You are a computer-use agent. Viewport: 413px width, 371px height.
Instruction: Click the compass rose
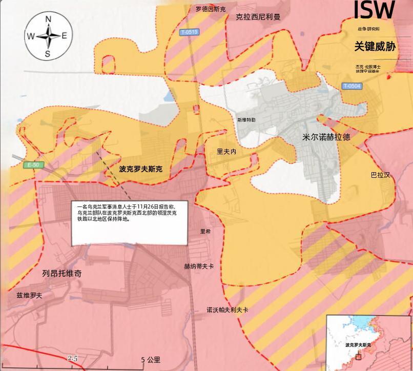pos(48,36)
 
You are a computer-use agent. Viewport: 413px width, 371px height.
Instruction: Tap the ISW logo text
pos(375,10)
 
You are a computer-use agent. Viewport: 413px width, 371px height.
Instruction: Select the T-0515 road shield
pos(189,32)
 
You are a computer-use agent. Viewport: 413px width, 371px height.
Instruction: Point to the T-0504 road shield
pos(352,86)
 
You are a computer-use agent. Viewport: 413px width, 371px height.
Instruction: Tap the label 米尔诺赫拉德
pos(326,137)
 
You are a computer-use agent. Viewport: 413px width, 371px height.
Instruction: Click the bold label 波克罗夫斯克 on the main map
pos(140,168)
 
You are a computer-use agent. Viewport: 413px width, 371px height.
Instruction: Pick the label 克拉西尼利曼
pos(258,17)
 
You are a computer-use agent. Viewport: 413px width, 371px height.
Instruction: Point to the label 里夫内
pos(226,152)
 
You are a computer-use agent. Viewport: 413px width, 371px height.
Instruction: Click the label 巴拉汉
pos(380,175)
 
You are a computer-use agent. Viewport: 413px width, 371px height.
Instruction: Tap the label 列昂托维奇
pos(62,274)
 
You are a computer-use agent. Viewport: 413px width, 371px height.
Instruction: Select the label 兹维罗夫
pos(29,296)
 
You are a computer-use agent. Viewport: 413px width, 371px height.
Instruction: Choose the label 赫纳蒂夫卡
pos(199,266)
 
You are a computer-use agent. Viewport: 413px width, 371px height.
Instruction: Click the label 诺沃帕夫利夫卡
pos(228,310)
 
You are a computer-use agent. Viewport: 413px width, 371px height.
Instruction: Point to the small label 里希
pos(205,232)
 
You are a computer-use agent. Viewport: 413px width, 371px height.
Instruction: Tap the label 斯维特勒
pos(246,119)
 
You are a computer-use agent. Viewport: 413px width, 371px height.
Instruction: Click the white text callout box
pos(130,222)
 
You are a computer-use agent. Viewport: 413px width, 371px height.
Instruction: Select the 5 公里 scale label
pos(151,360)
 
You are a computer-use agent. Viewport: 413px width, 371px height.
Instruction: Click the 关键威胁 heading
pos(375,47)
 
